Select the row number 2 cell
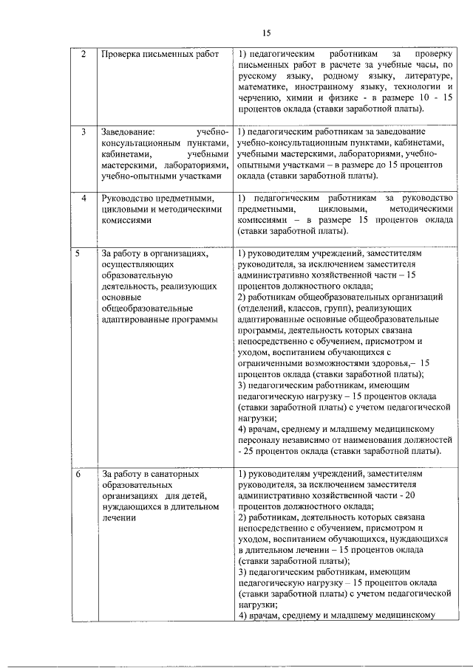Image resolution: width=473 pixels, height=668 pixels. point(83,55)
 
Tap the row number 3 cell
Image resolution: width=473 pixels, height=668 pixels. point(84,132)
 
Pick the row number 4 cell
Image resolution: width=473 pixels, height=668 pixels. point(84,199)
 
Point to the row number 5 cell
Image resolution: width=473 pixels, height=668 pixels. point(78,254)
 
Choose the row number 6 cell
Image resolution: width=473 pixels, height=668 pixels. point(78,473)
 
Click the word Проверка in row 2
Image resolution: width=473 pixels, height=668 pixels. point(120,55)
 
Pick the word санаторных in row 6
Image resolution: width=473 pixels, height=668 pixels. point(181,473)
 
